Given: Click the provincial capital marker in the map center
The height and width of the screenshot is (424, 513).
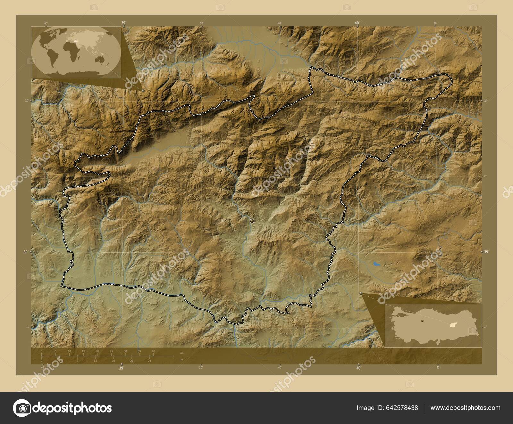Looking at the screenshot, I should [252, 221].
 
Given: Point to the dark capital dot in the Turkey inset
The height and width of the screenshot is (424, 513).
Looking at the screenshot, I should [423, 320].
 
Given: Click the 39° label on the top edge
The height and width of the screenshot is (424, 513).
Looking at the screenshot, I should [123, 23].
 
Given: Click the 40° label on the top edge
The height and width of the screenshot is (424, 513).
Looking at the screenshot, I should [357, 23].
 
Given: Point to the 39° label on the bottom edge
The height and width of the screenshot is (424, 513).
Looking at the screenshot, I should [121, 368].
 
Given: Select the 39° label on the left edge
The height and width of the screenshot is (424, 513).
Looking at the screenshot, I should [26, 252].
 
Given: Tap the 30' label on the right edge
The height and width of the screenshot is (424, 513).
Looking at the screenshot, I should [486, 101].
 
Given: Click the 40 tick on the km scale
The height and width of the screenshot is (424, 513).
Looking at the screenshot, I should [153, 351].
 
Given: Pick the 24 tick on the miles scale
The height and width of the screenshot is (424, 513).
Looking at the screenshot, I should [149, 361].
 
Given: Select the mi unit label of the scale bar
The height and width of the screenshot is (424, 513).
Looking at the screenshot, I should [181, 359].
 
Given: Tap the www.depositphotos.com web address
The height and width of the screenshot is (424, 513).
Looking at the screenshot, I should [465, 408].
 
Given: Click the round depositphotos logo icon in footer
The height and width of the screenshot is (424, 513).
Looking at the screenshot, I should [21, 408].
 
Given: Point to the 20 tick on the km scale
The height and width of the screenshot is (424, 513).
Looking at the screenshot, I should [97, 351].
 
